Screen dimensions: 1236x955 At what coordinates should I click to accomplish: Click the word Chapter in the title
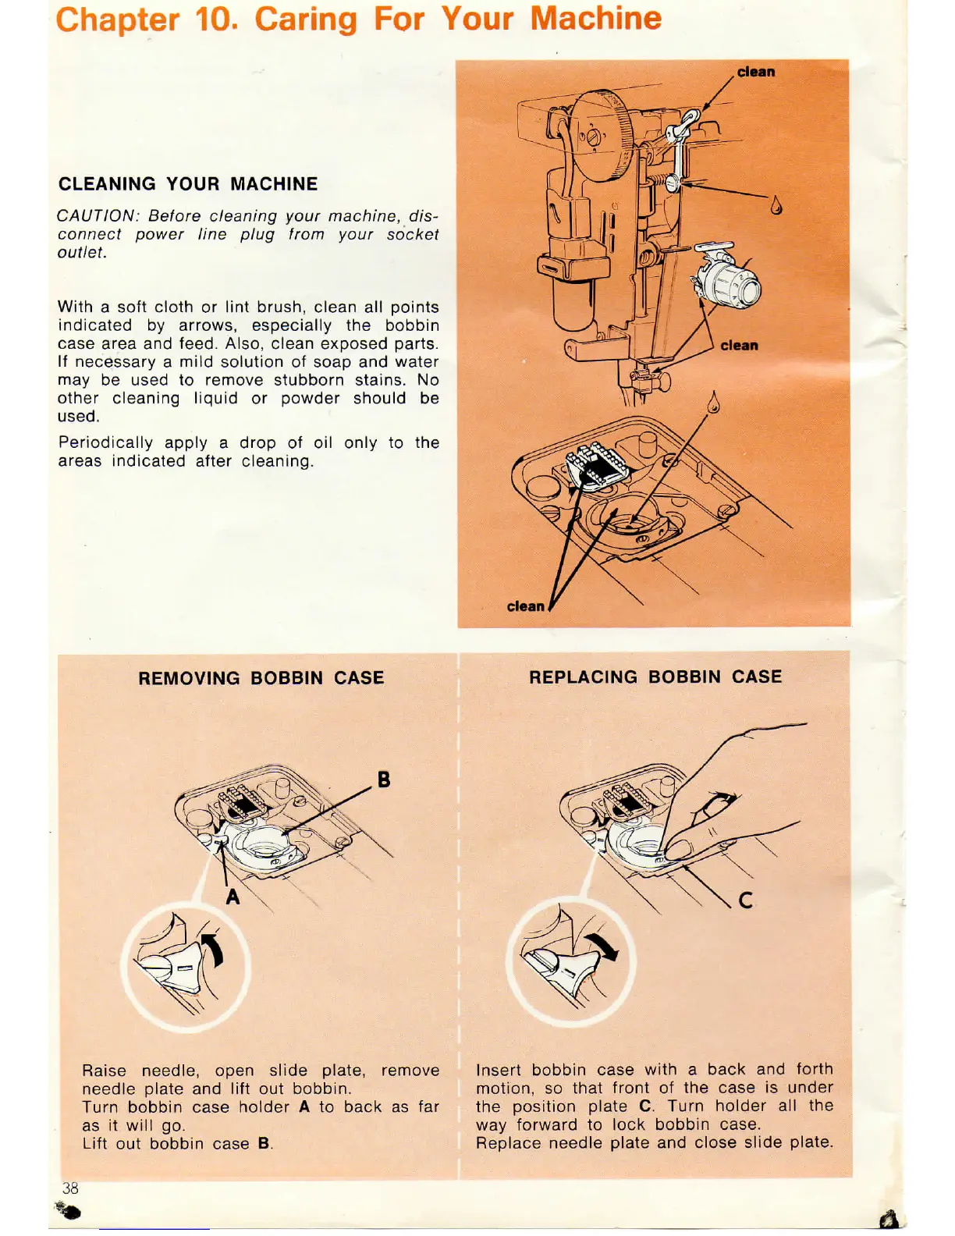coord(117,19)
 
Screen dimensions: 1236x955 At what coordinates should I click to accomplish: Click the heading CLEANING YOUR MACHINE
coord(188,184)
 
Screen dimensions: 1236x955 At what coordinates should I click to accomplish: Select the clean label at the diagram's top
coord(756,72)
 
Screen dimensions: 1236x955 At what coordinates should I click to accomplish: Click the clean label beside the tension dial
coord(739,345)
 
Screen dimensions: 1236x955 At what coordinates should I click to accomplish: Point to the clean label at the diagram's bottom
coord(525,606)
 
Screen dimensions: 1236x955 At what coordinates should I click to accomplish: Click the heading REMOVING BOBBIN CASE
coord(261,678)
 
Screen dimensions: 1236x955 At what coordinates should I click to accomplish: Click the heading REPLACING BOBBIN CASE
coord(655,677)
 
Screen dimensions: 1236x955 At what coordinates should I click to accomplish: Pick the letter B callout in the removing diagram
coord(384,780)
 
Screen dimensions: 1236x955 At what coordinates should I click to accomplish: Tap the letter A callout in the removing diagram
coord(233,897)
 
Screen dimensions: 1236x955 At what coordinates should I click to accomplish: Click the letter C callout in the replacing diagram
coord(746,900)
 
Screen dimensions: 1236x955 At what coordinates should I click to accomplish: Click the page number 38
coord(70,1188)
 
